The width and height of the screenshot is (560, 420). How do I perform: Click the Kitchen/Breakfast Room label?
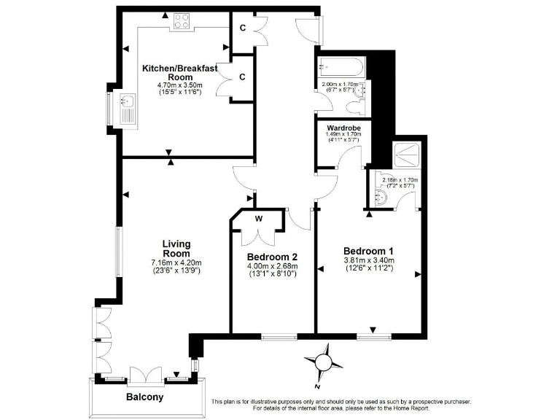click(179, 72)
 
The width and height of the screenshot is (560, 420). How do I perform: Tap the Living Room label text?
click(176, 249)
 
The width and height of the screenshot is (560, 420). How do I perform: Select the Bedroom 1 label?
click(368, 249)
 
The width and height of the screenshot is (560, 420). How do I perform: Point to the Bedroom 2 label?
click(272, 257)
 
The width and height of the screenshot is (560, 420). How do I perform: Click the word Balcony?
click(144, 398)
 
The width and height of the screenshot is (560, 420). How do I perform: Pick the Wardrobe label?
click(343, 128)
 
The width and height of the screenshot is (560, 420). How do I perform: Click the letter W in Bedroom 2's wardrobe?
click(259, 218)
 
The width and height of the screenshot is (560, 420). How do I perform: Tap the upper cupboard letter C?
click(242, 28)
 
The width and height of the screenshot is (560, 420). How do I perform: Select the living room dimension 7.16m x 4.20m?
click(176, 262)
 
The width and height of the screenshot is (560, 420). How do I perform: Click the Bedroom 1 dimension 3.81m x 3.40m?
click(368, 260)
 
